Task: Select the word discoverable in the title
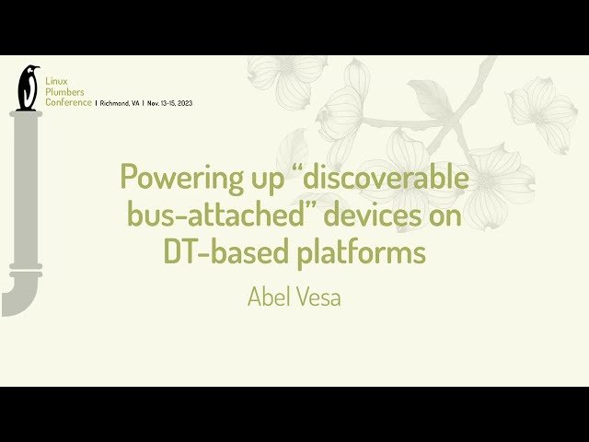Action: pyautogui.click(x=386, y=176)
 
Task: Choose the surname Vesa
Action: pyautogui.click(x=320, y=297)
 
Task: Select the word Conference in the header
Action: pyautogui.click(x=69, y=102)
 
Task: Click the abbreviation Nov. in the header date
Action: pyautogui.click(x=155, y=102)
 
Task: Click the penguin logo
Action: pyautogui.click(x=29, y=87)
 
